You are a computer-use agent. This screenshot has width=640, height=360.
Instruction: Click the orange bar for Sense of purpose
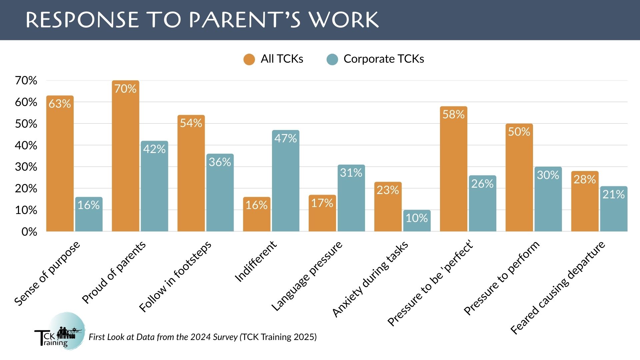coord(60,163)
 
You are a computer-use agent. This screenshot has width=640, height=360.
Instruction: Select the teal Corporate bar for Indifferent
coord(286,181)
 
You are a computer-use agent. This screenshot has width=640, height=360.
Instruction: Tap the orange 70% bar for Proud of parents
coord(125,156)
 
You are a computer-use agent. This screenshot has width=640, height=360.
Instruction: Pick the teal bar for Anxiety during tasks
coord(417,221)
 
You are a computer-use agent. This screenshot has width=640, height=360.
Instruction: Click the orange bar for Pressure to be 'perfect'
coord(454,169)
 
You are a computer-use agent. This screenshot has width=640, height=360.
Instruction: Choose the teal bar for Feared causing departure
coord(614,209)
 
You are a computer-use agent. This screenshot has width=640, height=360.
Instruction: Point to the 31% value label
coord(351,173)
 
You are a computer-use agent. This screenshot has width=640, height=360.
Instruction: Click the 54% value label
coord(191,123)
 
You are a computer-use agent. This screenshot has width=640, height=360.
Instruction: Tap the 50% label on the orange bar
coord(519,132)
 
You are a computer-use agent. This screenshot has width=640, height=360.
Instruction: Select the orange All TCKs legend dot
coord(249,59)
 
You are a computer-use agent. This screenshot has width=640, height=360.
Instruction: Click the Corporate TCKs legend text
coord(384,59)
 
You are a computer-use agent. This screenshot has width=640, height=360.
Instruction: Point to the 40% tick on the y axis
coord(26,145)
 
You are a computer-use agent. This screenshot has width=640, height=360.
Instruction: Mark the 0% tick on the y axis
coord(29,232)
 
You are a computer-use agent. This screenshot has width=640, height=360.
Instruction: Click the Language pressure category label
coord(307,276)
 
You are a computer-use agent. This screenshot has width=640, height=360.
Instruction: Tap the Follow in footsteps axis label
coord(175,276)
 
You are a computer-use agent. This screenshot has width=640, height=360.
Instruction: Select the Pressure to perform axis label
coord(501,278)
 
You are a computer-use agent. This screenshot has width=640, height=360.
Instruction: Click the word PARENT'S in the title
coord(245,20)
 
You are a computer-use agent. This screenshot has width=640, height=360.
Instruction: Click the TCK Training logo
coord(60,331)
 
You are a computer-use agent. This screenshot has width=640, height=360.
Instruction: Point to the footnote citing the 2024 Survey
coord(203,337)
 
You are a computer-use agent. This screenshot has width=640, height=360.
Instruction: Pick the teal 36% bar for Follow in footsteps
coord(220,193)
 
